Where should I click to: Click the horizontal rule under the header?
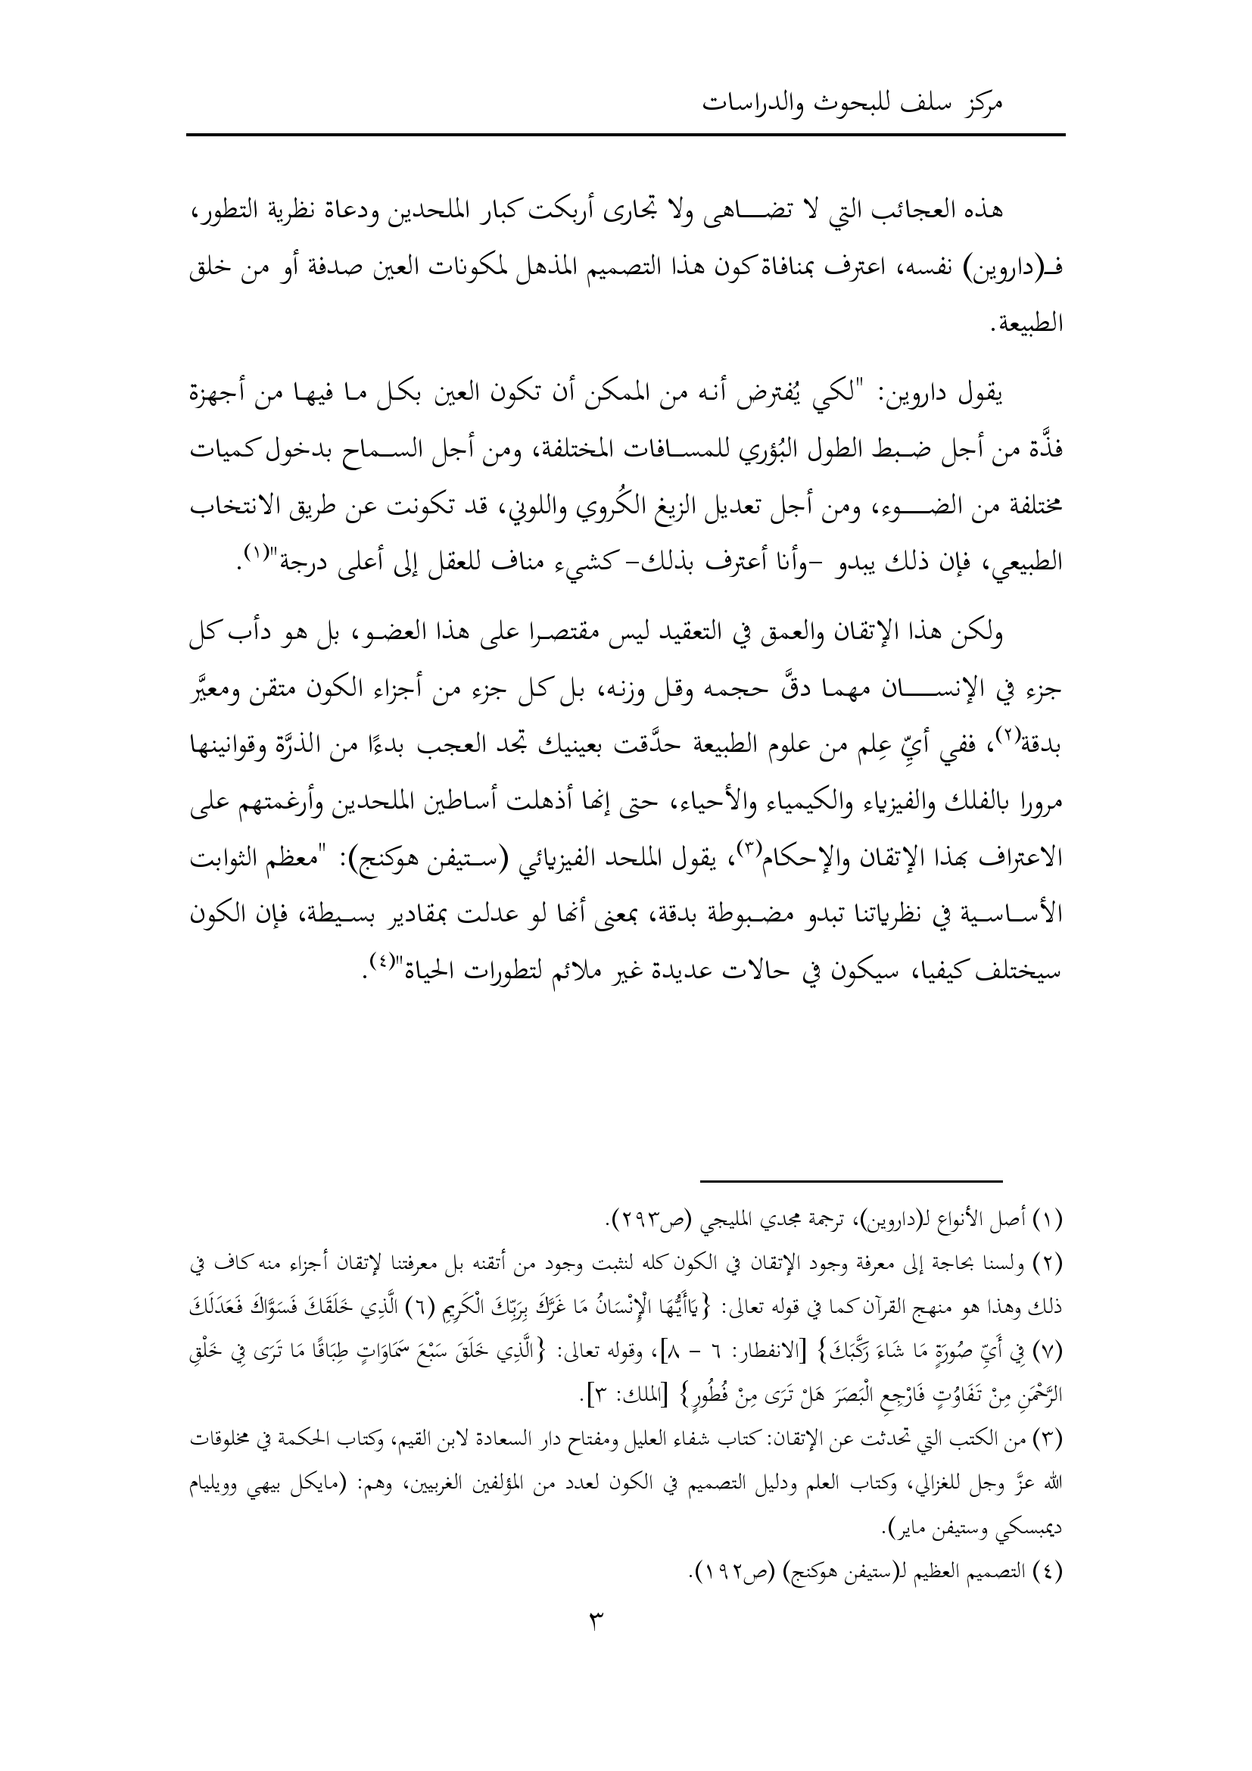pos(625,136)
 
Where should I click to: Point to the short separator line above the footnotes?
pos(851,1202)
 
